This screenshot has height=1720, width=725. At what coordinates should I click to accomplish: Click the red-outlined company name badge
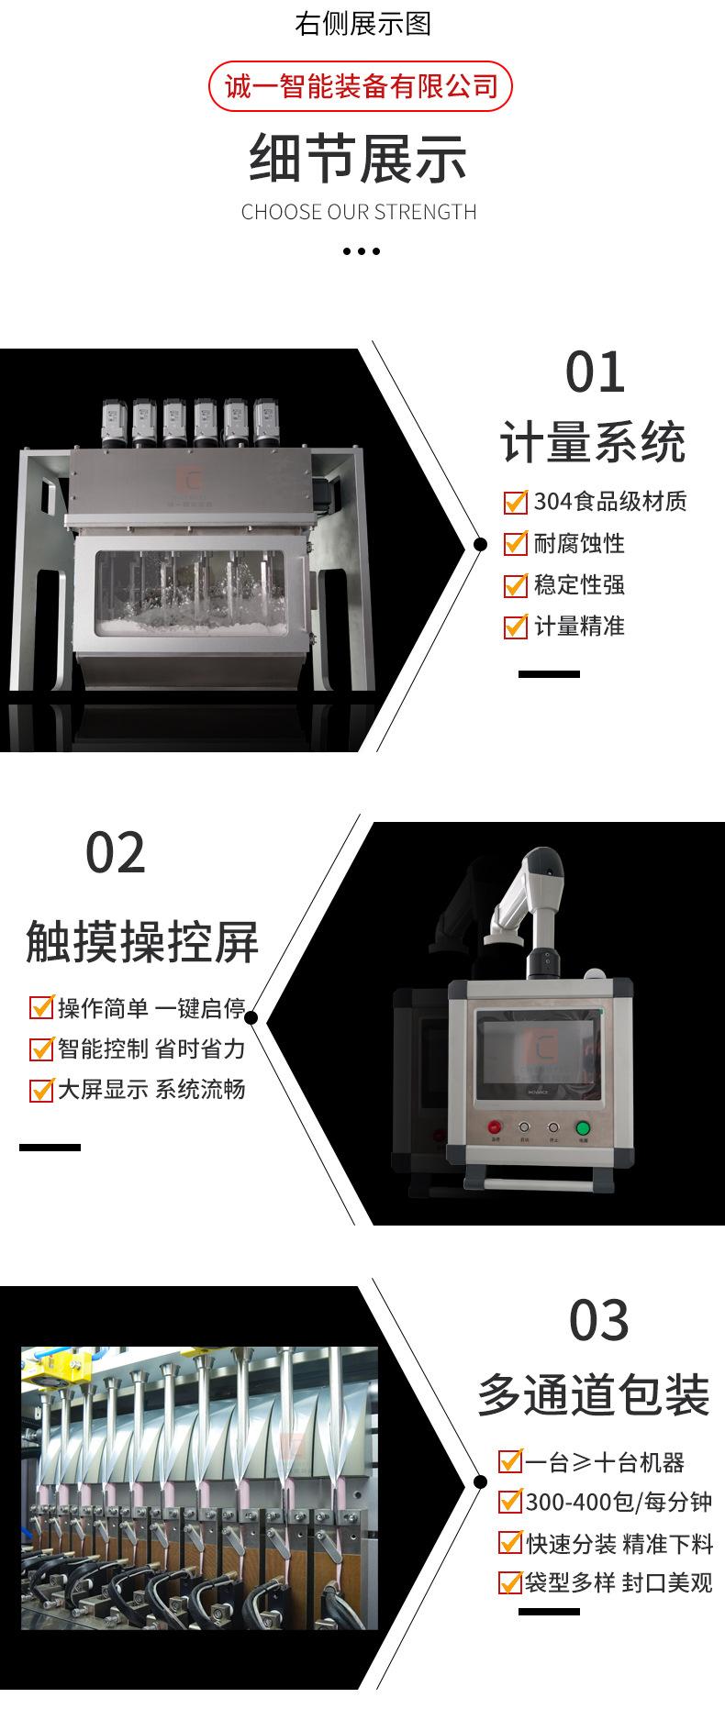360,86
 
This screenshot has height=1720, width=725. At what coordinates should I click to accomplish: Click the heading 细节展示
359,159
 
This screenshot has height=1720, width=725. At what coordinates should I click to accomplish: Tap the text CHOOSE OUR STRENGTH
359,212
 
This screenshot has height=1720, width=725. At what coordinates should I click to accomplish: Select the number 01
594,372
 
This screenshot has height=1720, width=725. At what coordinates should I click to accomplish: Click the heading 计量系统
593,443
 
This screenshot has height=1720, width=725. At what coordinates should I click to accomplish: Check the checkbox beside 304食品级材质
515,502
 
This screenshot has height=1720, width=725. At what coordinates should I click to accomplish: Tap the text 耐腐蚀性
579,543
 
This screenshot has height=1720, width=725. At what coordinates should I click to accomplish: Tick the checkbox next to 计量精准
515,627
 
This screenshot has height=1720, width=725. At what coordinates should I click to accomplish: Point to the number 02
116,853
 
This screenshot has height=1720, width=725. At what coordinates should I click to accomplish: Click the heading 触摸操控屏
142,942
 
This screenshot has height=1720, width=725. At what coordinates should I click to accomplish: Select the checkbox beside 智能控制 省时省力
41,1049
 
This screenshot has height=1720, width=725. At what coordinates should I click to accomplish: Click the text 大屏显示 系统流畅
151,1090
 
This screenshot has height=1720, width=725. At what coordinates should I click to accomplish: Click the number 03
598,1320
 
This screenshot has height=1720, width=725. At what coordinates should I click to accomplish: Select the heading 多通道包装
594,1395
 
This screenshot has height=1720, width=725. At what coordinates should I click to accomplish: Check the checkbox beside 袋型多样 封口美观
509,1582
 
